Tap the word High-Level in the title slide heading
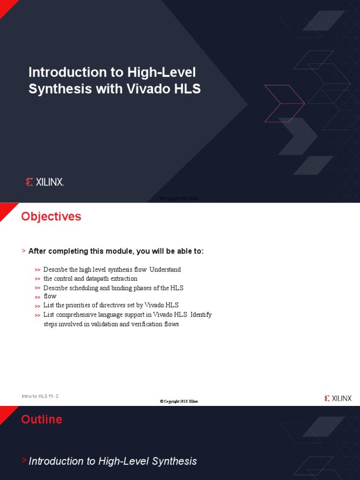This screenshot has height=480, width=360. tap(161, 72)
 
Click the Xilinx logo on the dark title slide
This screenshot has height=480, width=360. tap(45, 182)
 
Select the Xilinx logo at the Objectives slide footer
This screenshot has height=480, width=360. tap(338, 398)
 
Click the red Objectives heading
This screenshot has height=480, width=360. tap(51, 217)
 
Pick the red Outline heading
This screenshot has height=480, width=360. tap(42, 419)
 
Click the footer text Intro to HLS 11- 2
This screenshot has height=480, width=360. tap(40, 397)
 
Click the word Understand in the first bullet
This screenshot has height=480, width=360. tap(165, 270)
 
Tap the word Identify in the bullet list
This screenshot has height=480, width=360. tap(201, 315)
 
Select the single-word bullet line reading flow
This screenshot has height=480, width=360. tap(50, 296)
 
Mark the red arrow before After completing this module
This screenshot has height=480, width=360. tap(23, 251)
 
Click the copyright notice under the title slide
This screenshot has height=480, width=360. tap(179, 198)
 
